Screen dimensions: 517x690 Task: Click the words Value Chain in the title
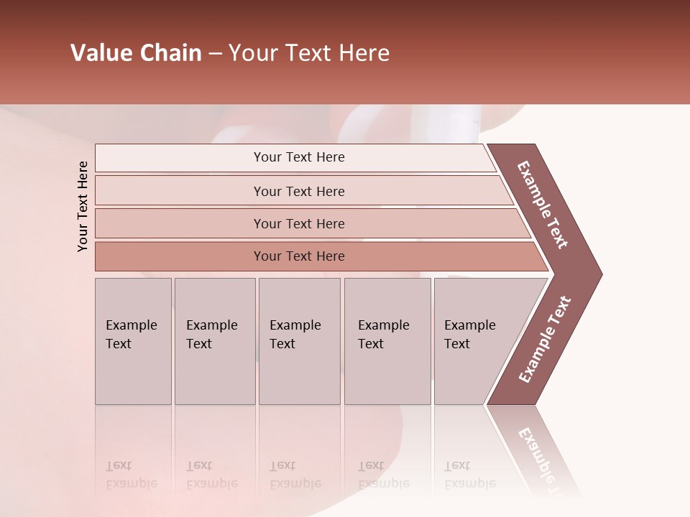[x=136, y=53]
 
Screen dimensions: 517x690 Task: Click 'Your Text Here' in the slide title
[x=309, y=53]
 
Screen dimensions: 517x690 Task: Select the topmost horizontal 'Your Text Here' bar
[x=298, y=157]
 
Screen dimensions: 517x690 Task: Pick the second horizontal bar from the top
[x=298, y=191]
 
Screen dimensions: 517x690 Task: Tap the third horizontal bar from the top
[x=298, y=223]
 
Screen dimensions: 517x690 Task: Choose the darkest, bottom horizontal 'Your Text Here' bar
[x=298, y=256]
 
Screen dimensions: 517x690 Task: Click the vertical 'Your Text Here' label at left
[x=83, y=206]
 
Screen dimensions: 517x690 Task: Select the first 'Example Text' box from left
[x=133, y=341]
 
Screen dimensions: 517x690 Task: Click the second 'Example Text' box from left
[x=214, y=341]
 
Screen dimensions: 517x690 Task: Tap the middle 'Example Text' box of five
[x=299, y=341]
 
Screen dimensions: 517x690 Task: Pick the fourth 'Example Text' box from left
[x=387, y=341]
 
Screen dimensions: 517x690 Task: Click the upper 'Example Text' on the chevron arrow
[x=543, y=205]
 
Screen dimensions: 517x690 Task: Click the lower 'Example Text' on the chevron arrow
[x=545, y=340]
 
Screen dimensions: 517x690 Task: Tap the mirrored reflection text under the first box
[x=131, y=475]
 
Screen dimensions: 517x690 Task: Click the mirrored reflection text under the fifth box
[x=469, y=475]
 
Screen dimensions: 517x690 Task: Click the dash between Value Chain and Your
[x=215, y=54]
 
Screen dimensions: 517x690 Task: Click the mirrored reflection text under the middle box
[x=295, y=475]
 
